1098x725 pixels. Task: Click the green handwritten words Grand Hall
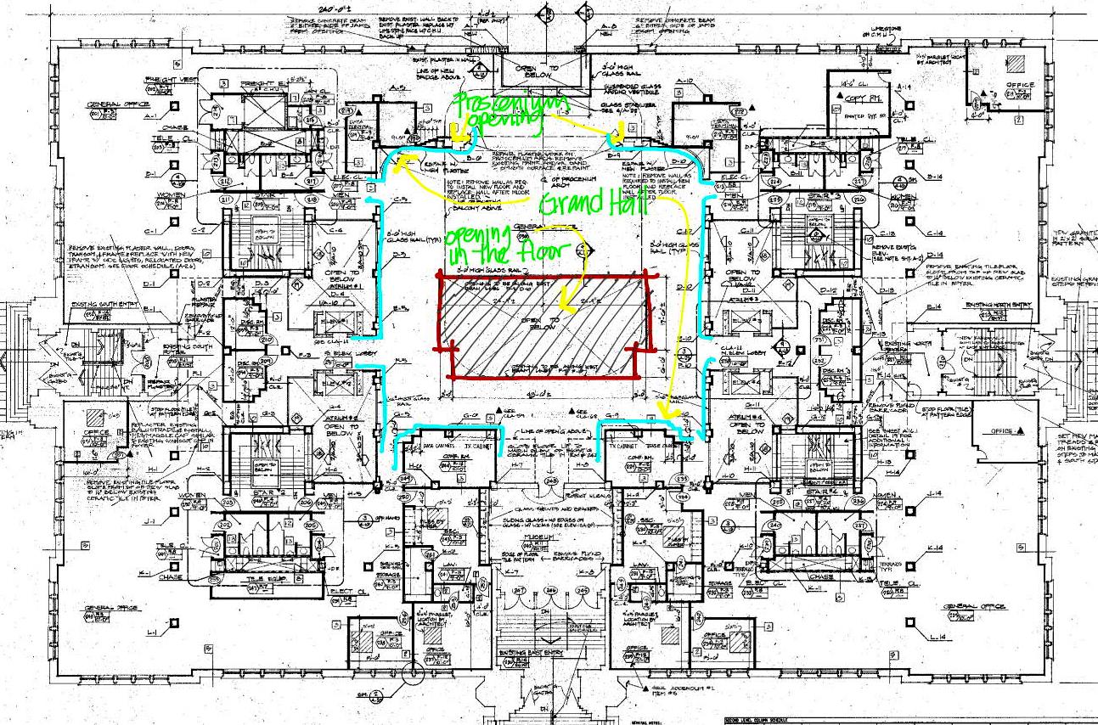[585, 204]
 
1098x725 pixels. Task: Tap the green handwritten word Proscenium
[498, 105]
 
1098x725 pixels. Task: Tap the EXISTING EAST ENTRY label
[530, 653]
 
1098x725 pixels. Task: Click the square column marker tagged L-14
[910, 623]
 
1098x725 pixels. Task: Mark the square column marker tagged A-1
[175, 106]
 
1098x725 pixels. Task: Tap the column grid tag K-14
[934, 549]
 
